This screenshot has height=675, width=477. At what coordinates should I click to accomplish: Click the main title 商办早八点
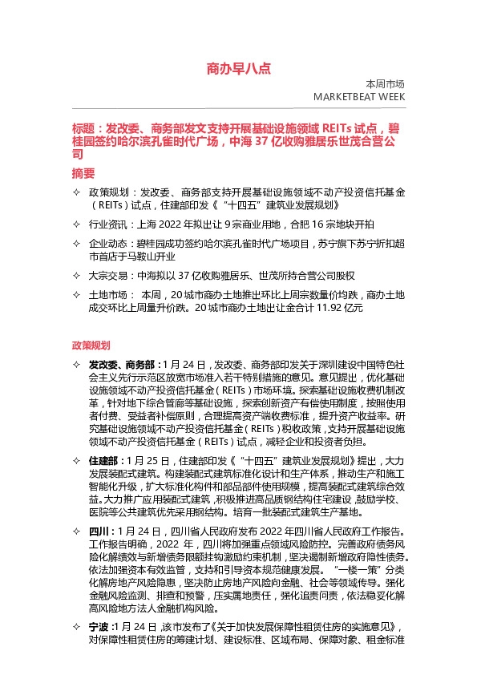[x=239, y=69]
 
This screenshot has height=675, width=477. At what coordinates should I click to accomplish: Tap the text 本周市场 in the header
[x=385, y=84]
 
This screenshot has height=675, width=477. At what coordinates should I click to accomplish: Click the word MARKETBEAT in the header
[x=346, y=97]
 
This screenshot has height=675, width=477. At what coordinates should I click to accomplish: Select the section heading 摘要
[x=83, y=172]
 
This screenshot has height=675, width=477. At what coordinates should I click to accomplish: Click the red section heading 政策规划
[x=91, y=346]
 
